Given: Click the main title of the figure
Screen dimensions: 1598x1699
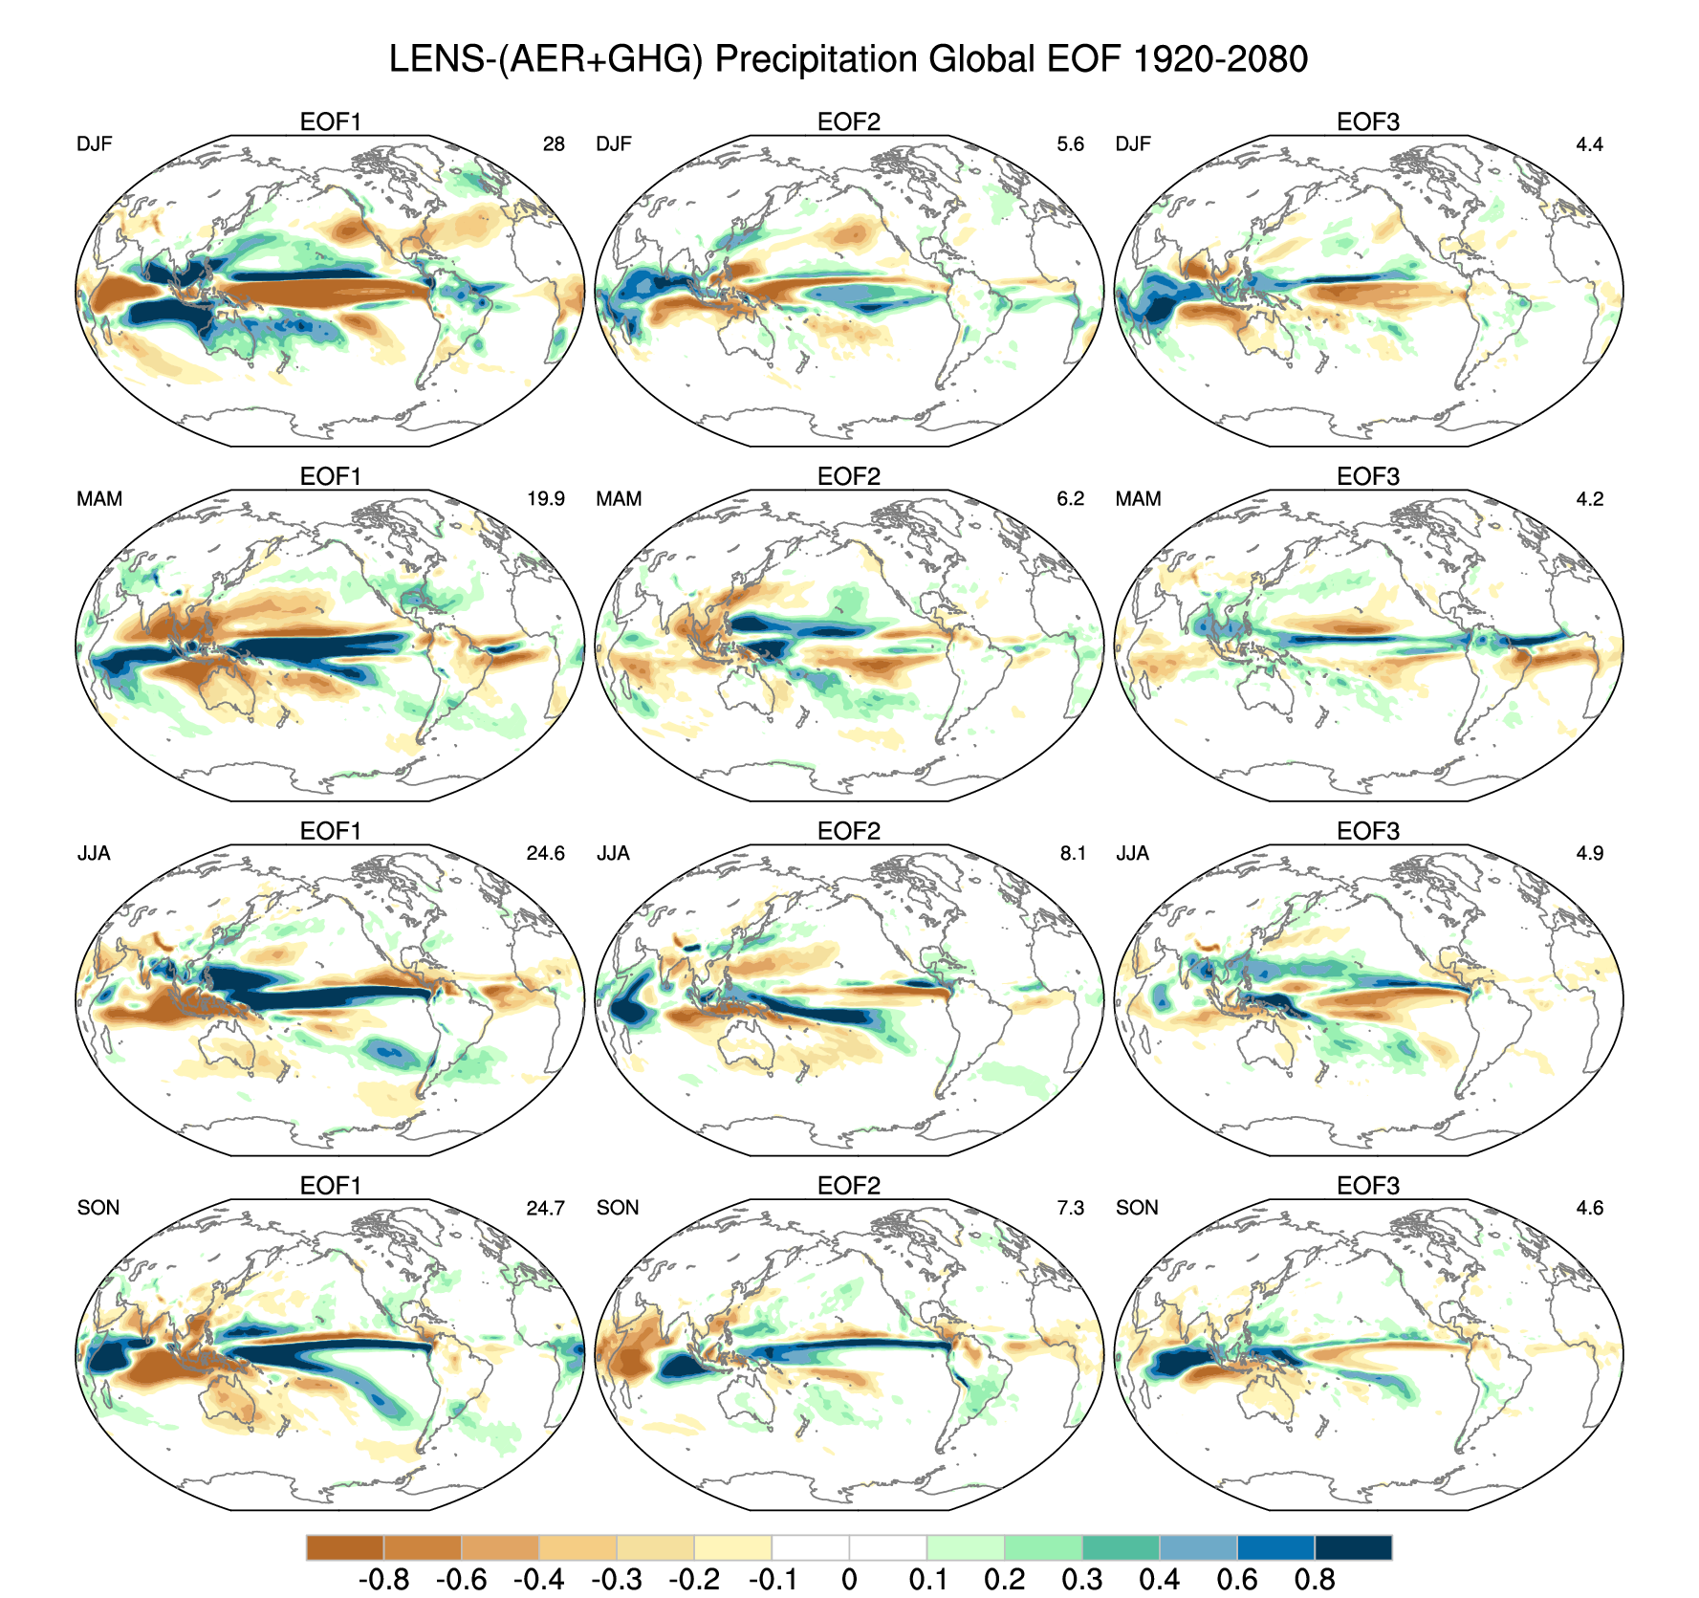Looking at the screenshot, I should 848,59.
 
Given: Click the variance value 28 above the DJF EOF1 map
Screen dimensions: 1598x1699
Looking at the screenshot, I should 554,144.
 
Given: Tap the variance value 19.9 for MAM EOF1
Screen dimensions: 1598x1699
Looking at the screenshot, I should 546,499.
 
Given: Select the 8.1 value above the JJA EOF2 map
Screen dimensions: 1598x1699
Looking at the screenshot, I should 1073,853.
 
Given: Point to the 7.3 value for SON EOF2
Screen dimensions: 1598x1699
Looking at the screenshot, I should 1071,1208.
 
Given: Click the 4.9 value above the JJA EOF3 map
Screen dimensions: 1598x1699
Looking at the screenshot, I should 1589,853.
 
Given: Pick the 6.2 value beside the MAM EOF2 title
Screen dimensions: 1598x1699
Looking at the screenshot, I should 1071,499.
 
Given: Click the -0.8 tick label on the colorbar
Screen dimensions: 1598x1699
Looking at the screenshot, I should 383,1578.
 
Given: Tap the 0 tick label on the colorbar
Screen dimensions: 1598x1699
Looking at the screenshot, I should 849,1578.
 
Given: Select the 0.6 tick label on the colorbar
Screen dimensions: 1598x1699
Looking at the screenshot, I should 1237,1578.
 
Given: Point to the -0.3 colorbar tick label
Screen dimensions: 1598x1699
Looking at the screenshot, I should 616,1578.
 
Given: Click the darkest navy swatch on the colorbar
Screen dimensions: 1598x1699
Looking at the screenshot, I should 1353,1547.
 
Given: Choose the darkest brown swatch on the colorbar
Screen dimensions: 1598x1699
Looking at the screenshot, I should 344,1547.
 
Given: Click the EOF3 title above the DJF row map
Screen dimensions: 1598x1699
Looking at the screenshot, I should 1368,122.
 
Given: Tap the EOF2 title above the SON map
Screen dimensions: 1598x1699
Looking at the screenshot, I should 849,1186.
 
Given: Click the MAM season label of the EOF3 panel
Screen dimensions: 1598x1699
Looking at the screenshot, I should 1138,499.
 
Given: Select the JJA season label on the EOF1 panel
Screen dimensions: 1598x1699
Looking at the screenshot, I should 94,853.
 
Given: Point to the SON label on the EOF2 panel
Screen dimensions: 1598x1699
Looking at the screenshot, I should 618,1208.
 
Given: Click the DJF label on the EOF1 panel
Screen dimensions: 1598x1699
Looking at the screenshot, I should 95,144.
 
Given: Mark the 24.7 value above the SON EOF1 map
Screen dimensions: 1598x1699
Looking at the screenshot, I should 545,1208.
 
